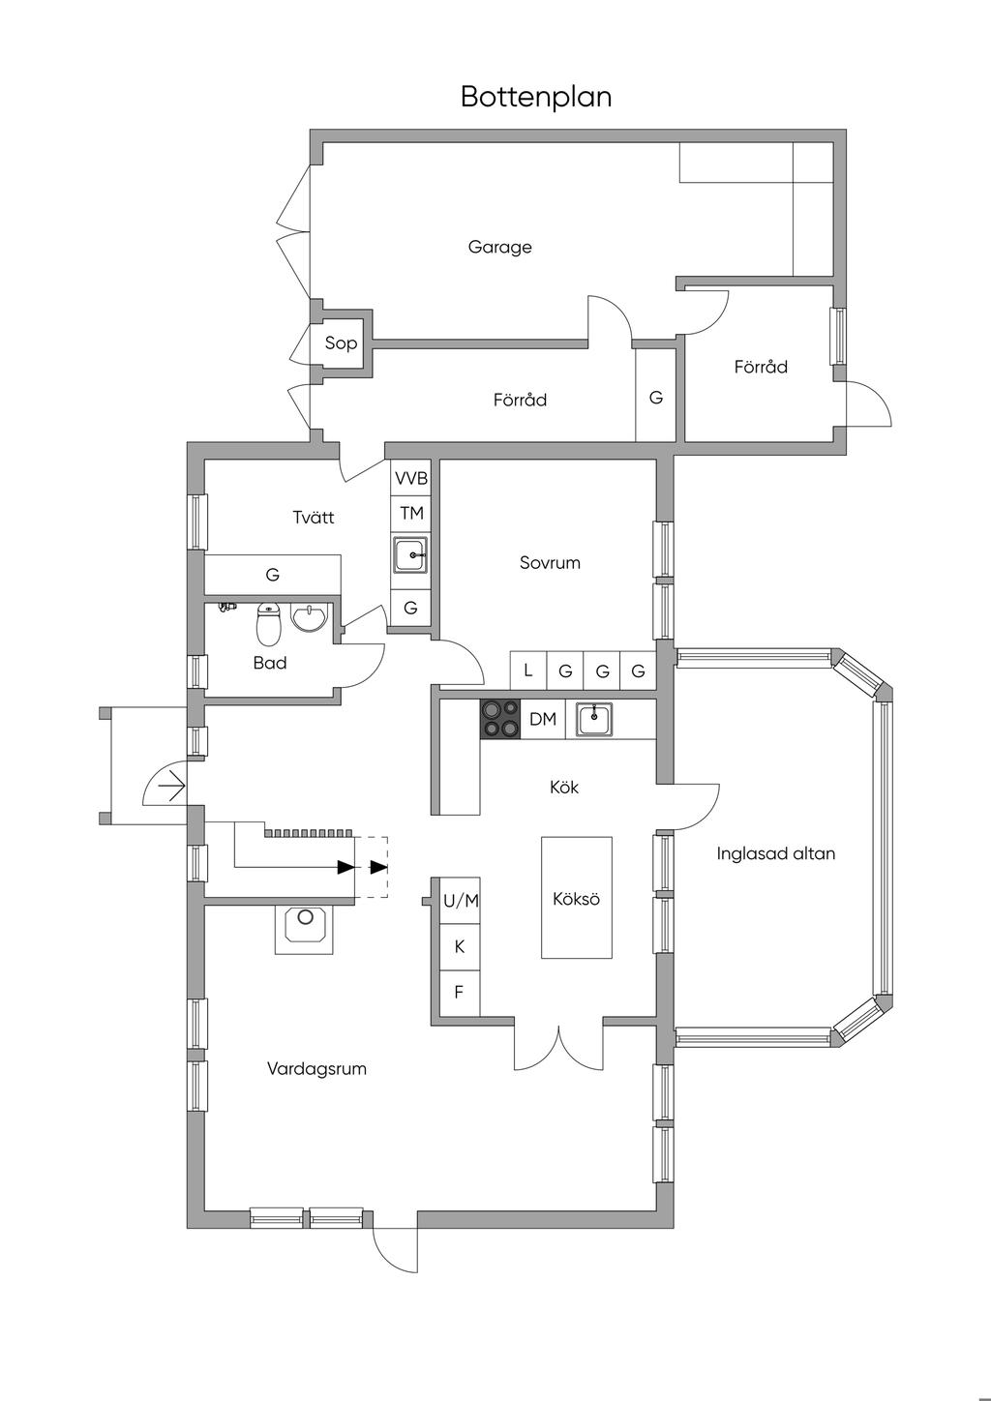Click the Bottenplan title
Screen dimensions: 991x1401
(x=536, y=97)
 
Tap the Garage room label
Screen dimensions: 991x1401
(x=500, y=247)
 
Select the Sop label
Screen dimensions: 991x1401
(x=341, y=343)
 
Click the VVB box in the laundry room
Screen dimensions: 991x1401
(x=411, y=479)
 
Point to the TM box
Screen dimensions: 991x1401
(x=411, y=514)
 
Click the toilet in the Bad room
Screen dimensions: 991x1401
(x=268, y=623)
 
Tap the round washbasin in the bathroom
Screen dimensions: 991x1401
(x=310, y=617)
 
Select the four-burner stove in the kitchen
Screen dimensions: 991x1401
(x=500, y=719)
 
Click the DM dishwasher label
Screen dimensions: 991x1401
(x=542, y=719)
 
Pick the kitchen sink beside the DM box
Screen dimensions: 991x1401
(x=594, y=720)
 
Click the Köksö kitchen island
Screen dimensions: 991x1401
(x=576, y=898)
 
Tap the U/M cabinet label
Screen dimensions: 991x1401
(x=461, y=901)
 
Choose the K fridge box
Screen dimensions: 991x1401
(x=460, y=947)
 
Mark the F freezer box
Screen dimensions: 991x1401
(x=460, y=994)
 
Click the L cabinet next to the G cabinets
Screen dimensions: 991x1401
(x=528, y=671)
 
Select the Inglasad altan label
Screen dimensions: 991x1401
(x=776, y=853)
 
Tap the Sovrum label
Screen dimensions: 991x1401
(x=550, y=563)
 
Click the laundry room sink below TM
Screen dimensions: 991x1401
(x=411, y=554)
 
